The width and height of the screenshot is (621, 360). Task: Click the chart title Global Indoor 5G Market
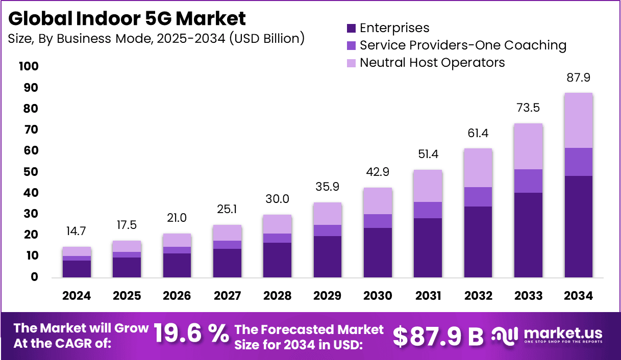click(x=127, y=18)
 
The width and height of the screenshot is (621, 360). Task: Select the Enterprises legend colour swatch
click(x=351, y=28)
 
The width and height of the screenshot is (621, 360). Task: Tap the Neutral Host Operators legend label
click(x=432, y=63)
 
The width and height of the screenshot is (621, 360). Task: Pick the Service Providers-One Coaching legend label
click(x=463, y=45)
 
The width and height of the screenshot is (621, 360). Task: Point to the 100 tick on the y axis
click(x=29, y=67)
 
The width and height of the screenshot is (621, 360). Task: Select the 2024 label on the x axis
click(x=77, y=296)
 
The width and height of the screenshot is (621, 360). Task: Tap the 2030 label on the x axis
click(x=378, y=296)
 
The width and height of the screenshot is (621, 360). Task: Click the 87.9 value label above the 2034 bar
click(x=578, y=78)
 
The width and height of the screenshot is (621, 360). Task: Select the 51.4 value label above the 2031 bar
click(x=428, y=155)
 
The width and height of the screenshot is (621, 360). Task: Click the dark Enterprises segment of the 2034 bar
click(x=578, y=227)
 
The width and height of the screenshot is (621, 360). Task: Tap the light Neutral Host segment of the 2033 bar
click(x=528, y=146)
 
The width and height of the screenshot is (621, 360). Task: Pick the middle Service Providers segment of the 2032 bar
click(x=478, y=197)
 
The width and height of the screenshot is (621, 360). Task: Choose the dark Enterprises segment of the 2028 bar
click(x=277, y=260)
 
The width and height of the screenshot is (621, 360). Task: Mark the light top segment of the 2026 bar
click(x=177, y=240)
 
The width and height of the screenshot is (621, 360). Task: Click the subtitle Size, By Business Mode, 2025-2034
click(x=156, y=38)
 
